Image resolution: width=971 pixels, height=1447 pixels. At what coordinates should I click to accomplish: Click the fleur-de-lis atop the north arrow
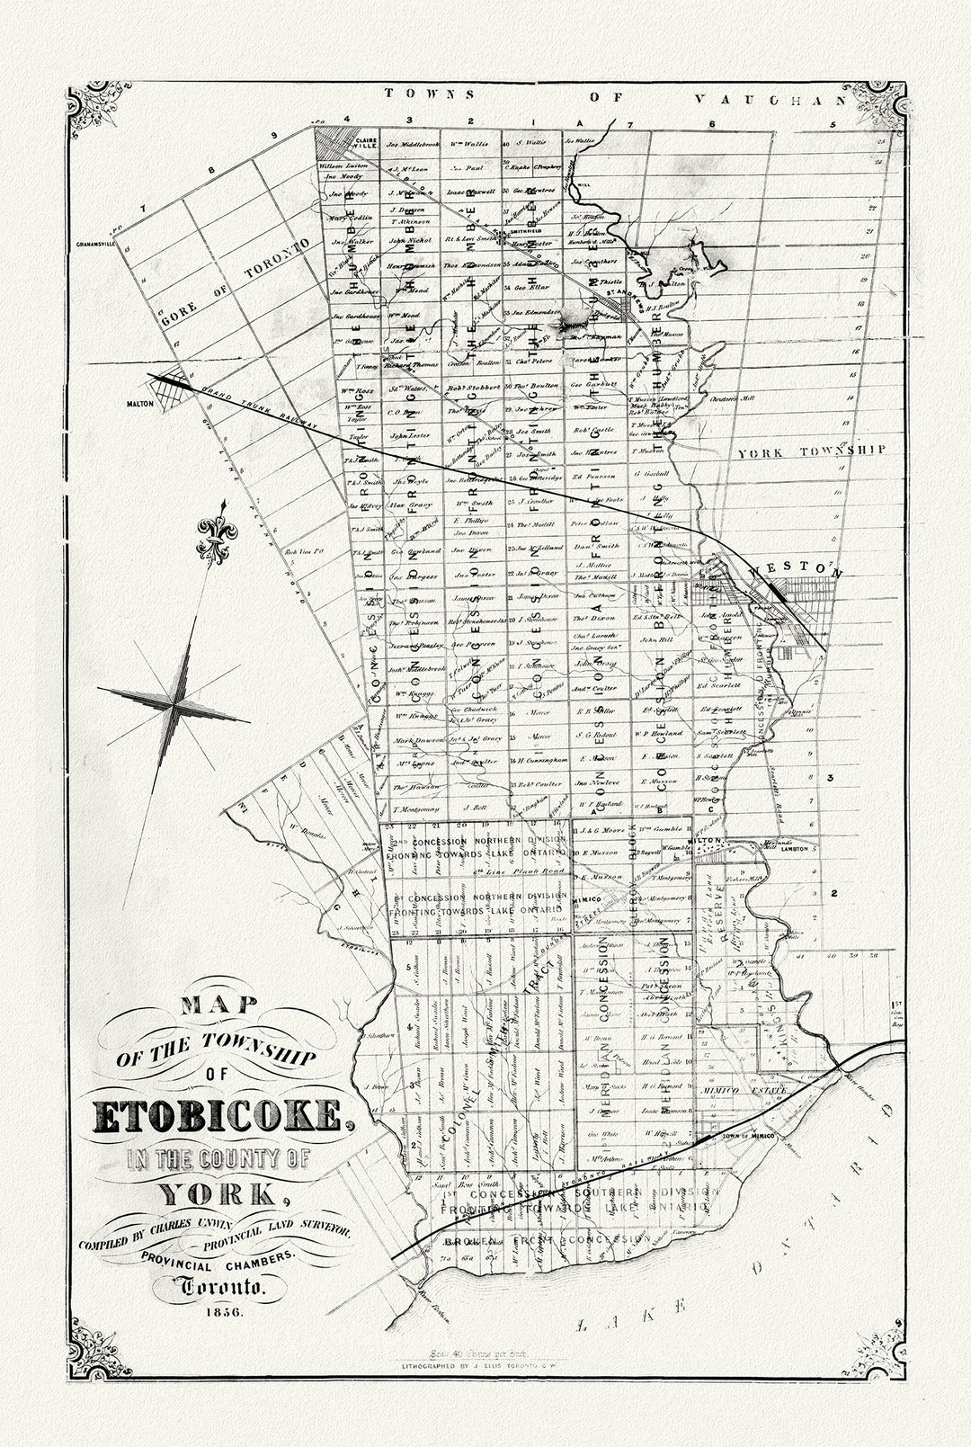pyautogui.click(x=211, y=537)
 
